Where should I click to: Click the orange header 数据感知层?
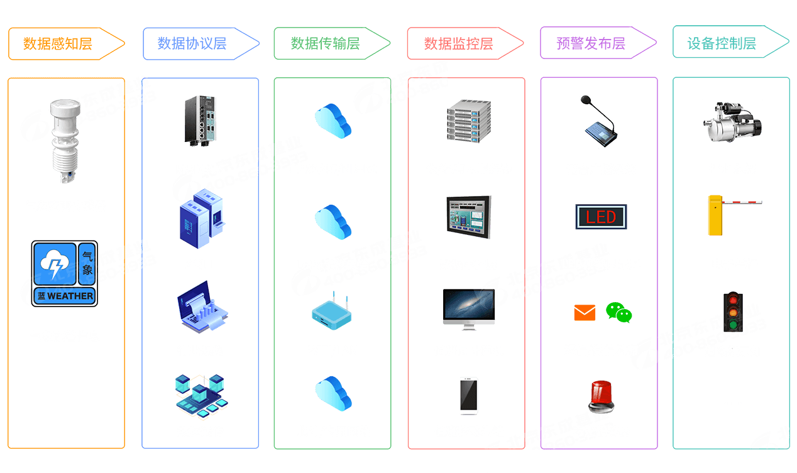(58, 43)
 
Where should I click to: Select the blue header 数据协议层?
(192, 43)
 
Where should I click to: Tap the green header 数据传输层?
(325, 43)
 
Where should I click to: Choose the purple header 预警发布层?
(591, 43)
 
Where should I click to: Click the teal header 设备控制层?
(722, 43)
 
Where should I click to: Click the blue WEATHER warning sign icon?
(65, 274)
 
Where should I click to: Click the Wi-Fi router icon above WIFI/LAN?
(333, 311)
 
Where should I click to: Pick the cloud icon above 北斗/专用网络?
(333, 393)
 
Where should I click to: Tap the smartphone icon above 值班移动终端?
(468, 396)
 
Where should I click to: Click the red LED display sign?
(601, 217)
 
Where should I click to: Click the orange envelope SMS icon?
(585, 312)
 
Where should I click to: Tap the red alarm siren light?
(601, 396)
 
